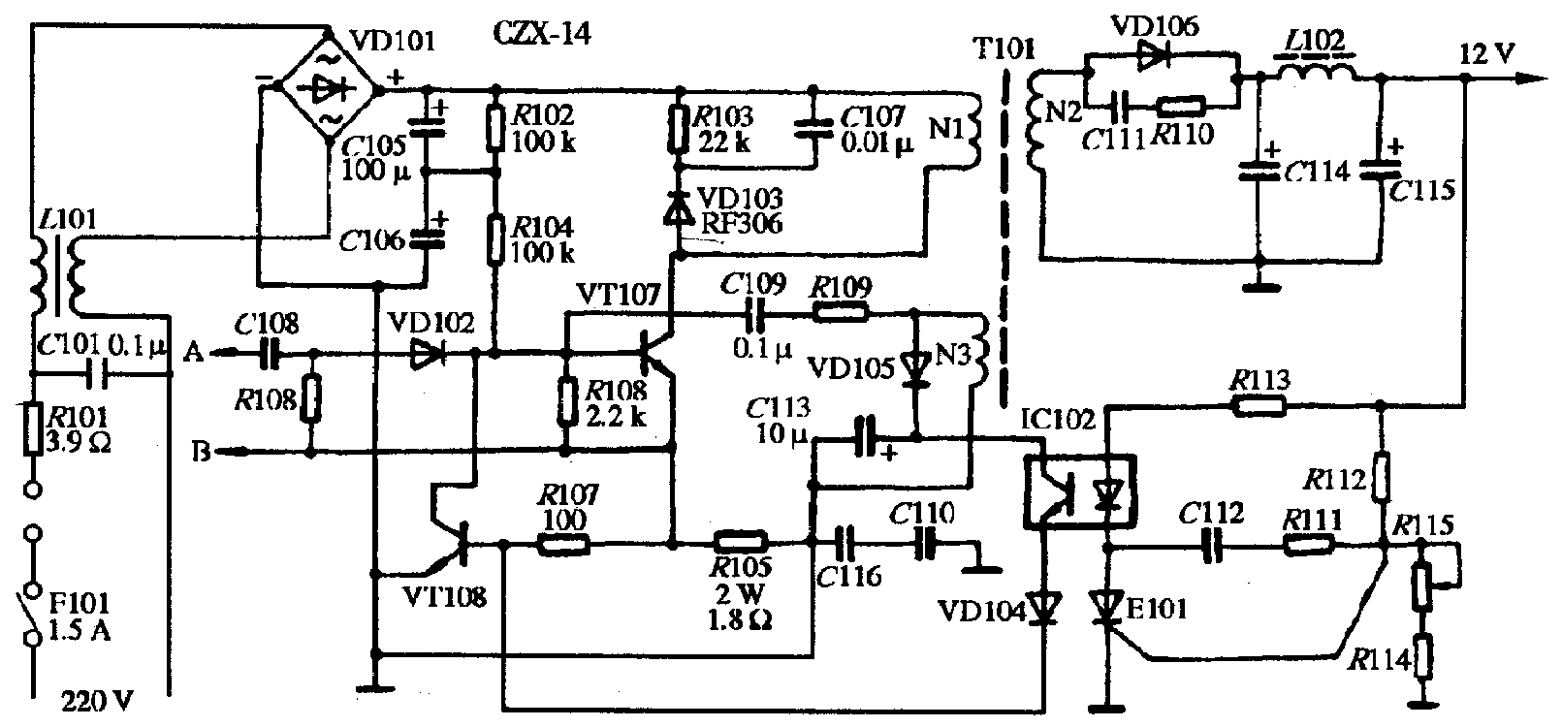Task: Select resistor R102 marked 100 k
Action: point(495,129)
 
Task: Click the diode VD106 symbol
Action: point(1151,58)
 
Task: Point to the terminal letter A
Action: point(194,354)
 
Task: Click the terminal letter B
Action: point(202,452)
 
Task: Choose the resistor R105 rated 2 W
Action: point(741,543)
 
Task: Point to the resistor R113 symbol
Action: point(1260,407)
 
